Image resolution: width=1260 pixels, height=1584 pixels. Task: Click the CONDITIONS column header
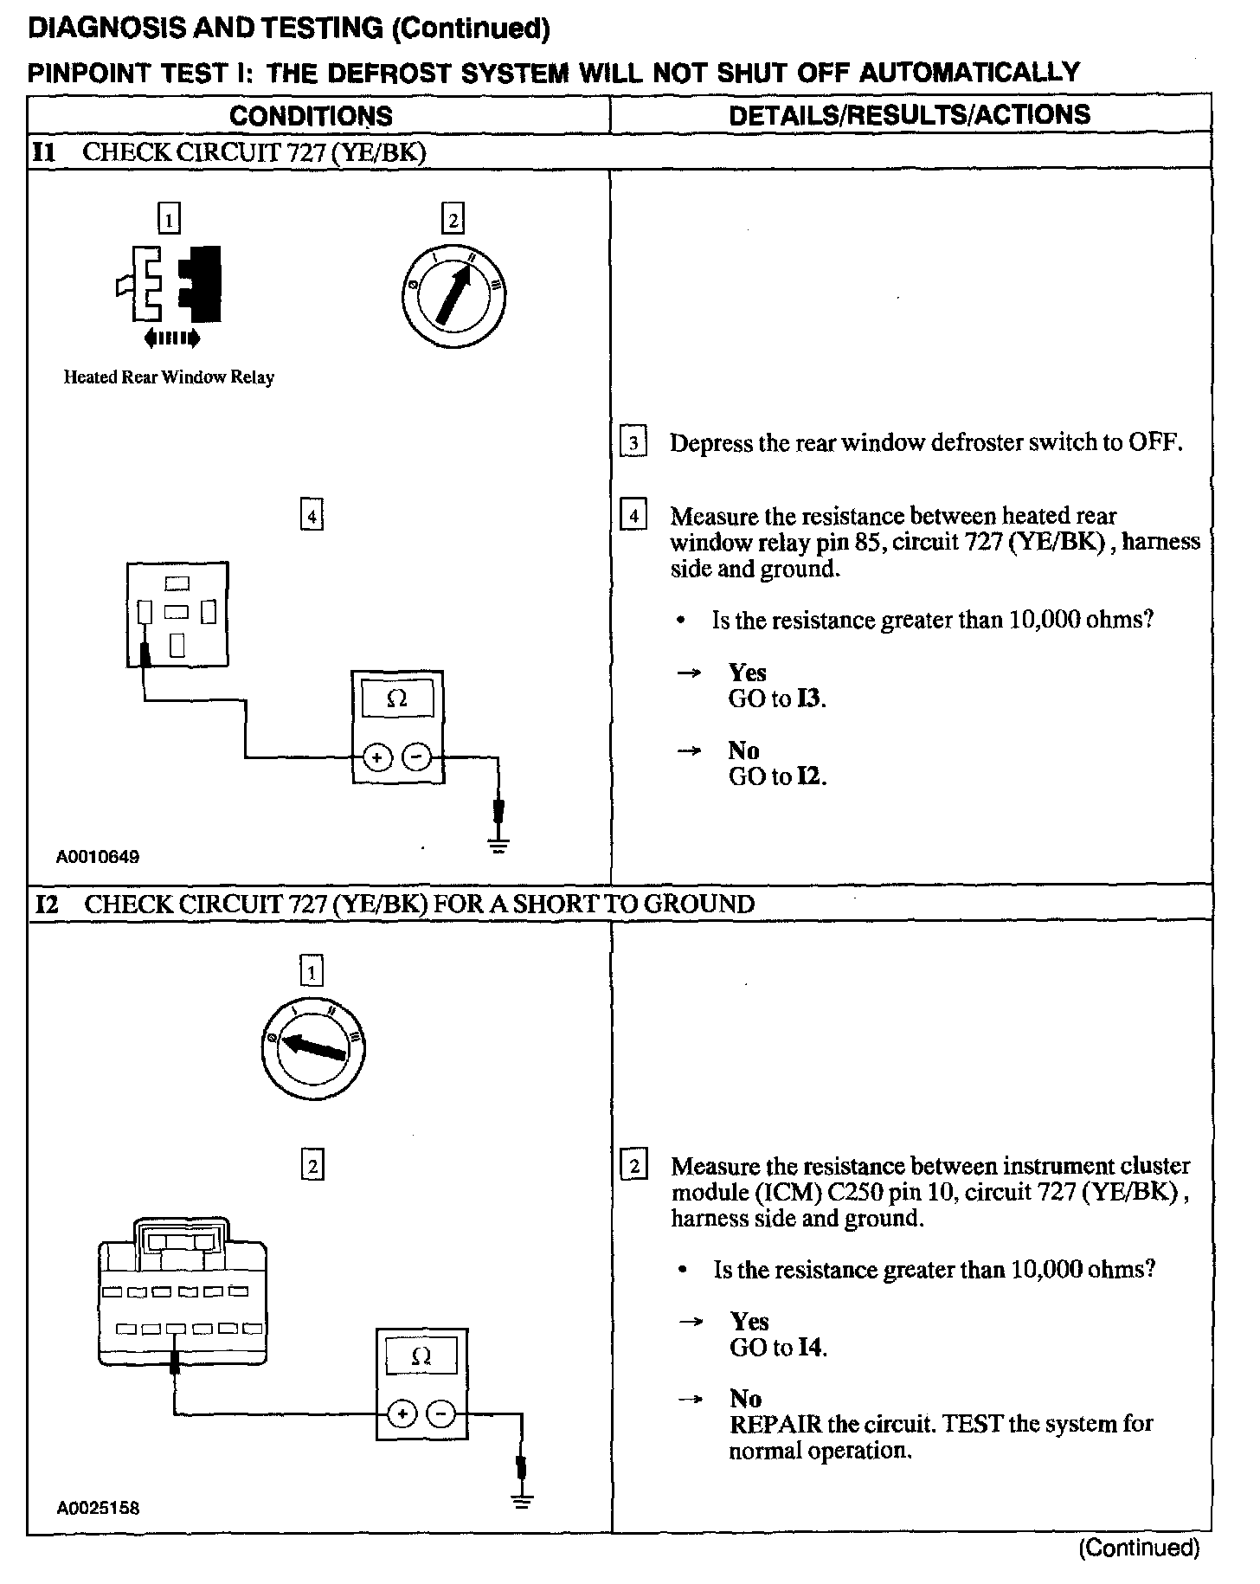click(311, 116)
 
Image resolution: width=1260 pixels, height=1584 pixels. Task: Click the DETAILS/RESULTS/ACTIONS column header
click(910, 115)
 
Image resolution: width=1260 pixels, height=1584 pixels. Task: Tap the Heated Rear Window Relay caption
click(169, 377)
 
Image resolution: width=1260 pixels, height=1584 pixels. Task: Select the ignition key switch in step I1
click(453, 296)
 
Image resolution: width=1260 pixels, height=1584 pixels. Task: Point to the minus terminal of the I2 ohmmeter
click(442, 1414)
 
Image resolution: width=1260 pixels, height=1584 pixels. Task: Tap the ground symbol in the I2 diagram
click(522, 1501)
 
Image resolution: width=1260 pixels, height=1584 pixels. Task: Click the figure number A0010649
click(98, 858)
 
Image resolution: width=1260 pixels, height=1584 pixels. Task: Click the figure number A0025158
click(98, 1509)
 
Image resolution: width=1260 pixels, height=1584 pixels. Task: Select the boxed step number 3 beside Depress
click(633, 444)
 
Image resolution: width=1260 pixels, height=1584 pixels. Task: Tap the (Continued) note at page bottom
click(1139, 1548)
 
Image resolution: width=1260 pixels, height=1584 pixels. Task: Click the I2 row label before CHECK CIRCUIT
click(47, 905)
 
